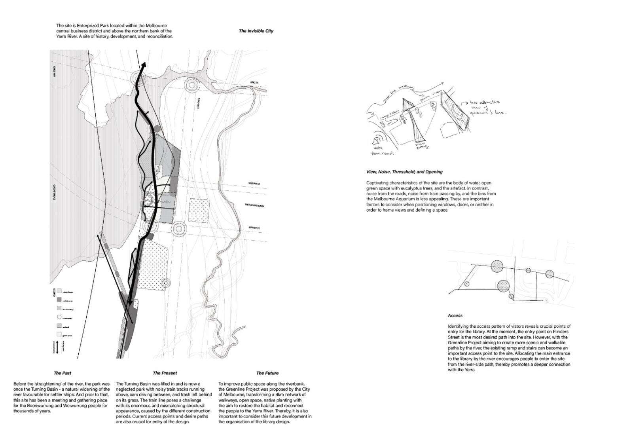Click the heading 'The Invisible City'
256,31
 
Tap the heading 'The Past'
63,373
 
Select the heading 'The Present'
165,373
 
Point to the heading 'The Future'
267,373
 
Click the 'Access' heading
455,315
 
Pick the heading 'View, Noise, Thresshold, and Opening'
404,172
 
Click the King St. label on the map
254,83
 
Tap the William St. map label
254,184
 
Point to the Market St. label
254,228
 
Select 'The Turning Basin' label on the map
254,206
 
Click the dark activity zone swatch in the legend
59,300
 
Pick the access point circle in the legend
59,317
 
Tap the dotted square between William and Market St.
199,210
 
